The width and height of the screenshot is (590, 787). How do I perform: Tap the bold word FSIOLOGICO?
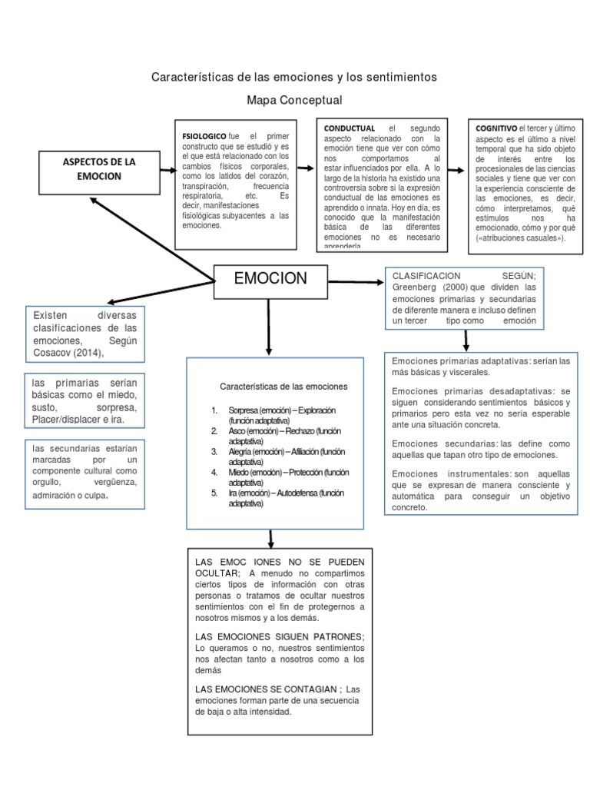click(x=204, y=136)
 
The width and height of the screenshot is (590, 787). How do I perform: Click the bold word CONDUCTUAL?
click(x=350, y=128)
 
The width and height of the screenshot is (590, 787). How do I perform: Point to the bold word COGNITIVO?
click(x=496, y=127)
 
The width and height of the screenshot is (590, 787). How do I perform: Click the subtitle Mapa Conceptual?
click(x=294, y=101)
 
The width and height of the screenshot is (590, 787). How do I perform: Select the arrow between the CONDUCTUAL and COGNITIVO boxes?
click(x=456, y=171)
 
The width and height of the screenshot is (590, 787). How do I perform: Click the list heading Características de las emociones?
click(x=284, y=386)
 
